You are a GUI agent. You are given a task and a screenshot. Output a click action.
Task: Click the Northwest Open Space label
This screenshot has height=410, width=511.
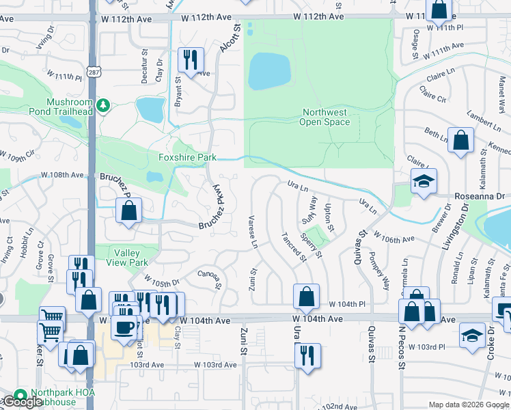click(324, 117)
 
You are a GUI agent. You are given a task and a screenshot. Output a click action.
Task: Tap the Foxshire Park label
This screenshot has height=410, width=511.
click(187, 158)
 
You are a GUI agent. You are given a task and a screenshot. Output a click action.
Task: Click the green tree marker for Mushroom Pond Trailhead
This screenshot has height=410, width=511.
click(103, 105)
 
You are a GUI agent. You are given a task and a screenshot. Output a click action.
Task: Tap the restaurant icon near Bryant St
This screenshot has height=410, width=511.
click(190, 59)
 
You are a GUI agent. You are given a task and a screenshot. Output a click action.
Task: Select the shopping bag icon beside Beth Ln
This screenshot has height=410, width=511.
click(461, 141)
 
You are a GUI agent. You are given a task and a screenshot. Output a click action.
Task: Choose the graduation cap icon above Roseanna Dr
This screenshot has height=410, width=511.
click(424, 182)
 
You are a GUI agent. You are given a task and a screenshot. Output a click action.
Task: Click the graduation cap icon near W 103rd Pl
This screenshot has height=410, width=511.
click(471, 337)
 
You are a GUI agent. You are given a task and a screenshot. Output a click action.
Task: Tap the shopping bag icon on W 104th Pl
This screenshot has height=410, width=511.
click(306, 296)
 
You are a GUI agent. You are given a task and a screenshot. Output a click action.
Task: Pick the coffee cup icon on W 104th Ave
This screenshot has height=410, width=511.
click(124, 327)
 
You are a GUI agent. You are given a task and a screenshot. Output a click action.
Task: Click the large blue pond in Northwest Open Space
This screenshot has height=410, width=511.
click(268, 71)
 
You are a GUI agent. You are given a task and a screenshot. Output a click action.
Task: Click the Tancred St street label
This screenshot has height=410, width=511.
click(294, 246)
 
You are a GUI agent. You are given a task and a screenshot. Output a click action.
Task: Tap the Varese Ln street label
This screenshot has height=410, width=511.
click(252, 232)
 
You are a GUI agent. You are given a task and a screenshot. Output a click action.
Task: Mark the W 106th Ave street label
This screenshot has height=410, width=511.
click(395, 239)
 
